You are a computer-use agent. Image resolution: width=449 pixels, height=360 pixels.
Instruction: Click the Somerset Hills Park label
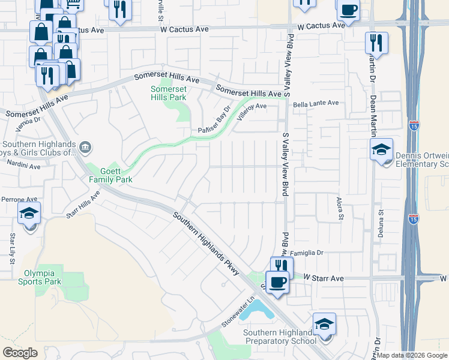pyautogui.click(x=168, y=93)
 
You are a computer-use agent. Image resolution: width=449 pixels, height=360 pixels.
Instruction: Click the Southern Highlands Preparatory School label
pyautogui.click(x=280, y=337)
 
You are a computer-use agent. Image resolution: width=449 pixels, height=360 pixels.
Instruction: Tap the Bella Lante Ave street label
pyautogui.click(x=316, y=103)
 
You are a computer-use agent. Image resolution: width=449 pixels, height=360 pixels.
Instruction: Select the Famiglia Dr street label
pyautogui.click(x=307, y=253)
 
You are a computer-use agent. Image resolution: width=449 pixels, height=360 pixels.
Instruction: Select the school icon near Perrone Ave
pyautogui.click(x=29, y=214)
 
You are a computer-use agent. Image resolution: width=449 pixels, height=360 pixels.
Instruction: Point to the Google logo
pyautogui.click(x=20, y=353)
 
